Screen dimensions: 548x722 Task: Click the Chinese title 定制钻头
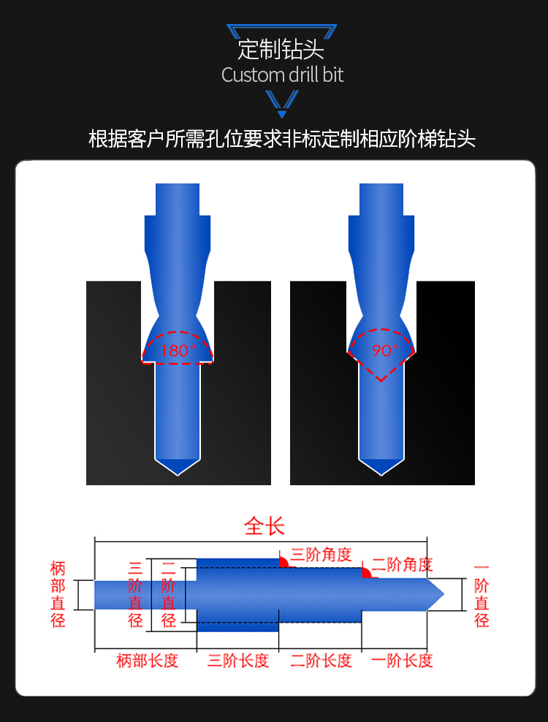click(281, 49)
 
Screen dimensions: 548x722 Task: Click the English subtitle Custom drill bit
click(282, 75)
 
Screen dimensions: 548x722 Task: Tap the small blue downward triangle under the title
click(282, 114)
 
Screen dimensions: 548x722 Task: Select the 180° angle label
click(178, 351)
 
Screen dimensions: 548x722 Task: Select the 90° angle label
click(385, 351)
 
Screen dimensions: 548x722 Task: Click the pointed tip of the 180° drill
click(178, 475)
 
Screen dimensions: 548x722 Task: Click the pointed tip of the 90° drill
click(381, 475)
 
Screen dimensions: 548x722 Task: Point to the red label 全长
click(265, 526)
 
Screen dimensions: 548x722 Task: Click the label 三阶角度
click(321, 555)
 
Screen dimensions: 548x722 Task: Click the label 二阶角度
click(403, 565)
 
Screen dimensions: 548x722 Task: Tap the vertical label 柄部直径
click(58, 594)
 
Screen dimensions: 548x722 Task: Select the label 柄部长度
click(148, 661)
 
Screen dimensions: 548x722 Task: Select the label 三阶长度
click(238, 661)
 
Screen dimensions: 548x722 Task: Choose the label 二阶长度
click(321, 661)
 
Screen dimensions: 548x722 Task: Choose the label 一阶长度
click(402, 661)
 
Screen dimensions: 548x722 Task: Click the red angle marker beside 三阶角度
click(283, 563)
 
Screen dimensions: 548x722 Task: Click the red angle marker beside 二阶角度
click(366, 573)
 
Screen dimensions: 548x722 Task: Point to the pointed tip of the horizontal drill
click(444, 594)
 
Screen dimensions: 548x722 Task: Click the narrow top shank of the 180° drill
click(178, 199)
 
